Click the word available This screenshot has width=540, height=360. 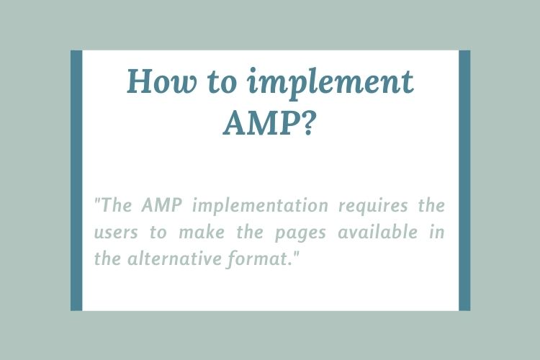[x=384, y=233]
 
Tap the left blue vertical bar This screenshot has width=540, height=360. [x=76, y=180]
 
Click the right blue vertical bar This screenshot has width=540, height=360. [x=464, y=180]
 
